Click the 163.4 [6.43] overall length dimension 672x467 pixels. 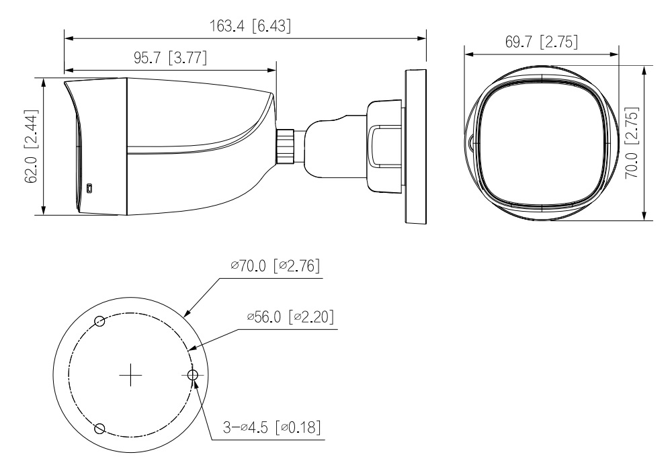click(250, 26)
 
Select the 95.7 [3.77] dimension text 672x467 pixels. click(170, 57)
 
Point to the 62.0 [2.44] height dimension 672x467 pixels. click(32, 146)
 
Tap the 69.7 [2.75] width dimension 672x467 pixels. click(542, 42)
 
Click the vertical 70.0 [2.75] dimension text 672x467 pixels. click(632, 142)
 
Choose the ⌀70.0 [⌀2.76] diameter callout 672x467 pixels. click(275, 265)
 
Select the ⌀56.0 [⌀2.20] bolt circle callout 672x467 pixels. click(290, 317)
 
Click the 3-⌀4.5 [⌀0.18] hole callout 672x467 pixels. click(271, 427)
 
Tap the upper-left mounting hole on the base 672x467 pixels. click(99, 321)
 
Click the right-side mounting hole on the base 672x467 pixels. click(192, 375)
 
